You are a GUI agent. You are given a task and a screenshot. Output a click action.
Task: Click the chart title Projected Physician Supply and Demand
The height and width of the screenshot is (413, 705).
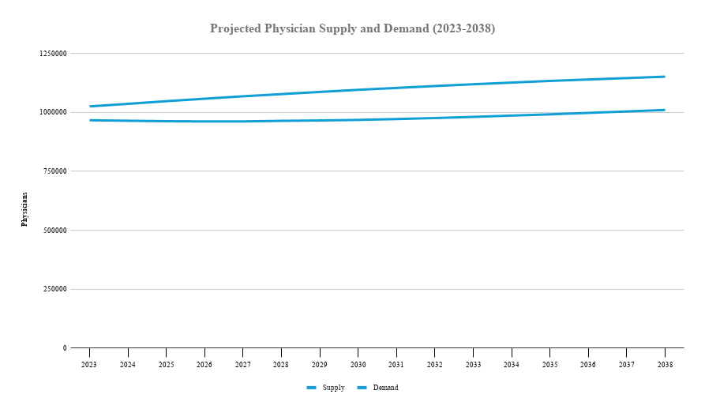[352, 28]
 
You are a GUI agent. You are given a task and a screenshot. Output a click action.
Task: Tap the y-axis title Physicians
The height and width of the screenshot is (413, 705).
[24, 208]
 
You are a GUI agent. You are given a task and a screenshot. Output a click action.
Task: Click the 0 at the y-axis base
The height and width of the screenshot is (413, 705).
[65, 348]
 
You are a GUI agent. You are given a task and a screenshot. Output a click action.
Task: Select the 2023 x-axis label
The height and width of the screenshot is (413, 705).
[89, 365]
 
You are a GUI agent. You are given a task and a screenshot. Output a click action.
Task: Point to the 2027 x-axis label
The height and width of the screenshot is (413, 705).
[242, 365]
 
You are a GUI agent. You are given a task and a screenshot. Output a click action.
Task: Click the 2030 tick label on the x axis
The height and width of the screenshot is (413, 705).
[358, 365]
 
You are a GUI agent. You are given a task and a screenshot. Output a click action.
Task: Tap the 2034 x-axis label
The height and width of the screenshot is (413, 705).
[511, 365]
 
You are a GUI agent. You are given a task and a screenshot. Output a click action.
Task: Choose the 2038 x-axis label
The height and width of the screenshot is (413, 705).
[664, 365]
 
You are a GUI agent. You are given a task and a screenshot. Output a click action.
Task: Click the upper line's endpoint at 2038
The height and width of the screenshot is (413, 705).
[664, 77]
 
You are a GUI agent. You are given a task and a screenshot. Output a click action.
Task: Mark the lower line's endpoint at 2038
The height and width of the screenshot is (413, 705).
[664, 110]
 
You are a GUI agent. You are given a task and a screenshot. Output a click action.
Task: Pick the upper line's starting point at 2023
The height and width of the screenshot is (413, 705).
[90, 106]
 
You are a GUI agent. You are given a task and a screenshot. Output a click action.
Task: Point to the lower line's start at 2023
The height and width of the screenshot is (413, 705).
[90, 120]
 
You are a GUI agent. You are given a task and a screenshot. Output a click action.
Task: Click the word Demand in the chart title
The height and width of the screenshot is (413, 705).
[403, 28]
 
